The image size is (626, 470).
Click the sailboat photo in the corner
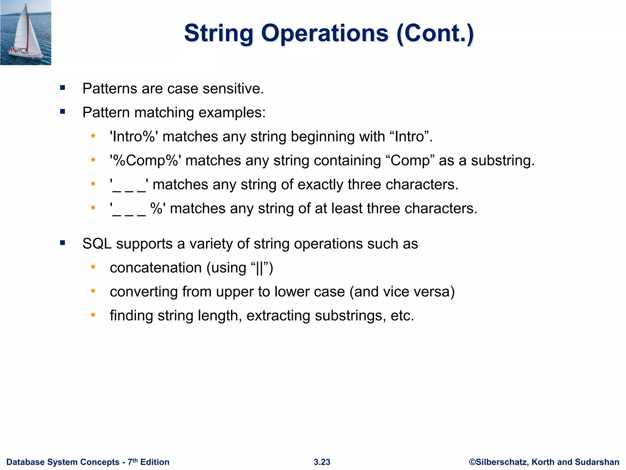26,32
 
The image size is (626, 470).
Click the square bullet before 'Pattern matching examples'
63,112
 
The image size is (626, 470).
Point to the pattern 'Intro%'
134,136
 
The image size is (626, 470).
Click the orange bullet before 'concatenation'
93,267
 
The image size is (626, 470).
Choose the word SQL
97,244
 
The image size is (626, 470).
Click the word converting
144,292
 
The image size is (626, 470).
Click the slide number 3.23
322,462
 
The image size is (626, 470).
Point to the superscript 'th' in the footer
135,460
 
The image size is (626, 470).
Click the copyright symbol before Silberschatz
472,462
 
